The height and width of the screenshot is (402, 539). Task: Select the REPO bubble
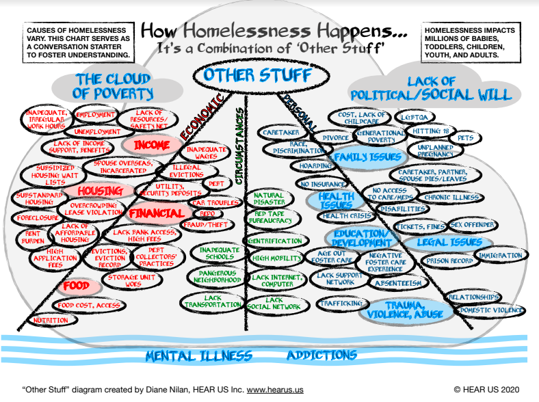[207, 213]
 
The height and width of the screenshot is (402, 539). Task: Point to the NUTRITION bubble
[51, 320]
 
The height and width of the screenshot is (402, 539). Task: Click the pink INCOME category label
[152, 146]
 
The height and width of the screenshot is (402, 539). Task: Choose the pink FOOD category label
[77, 286]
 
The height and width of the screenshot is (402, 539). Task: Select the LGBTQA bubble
[415, 117]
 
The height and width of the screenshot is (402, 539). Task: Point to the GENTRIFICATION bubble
[275, 241]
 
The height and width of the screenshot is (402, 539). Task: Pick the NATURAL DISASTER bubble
[269, 198]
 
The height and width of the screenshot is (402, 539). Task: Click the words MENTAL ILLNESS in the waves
[198, 356]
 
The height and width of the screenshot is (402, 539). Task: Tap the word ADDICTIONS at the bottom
[321, 356]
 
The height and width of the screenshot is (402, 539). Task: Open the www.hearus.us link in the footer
[275, 390]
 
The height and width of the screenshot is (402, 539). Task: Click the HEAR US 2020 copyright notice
[486, 390]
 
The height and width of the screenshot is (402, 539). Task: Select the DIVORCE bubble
[335, 138]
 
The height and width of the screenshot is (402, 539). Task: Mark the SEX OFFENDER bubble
[473, 225]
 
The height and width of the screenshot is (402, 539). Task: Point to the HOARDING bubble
[315, 166]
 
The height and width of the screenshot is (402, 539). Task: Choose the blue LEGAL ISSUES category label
[449, 243]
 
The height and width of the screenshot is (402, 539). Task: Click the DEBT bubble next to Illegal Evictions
[216, 184]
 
